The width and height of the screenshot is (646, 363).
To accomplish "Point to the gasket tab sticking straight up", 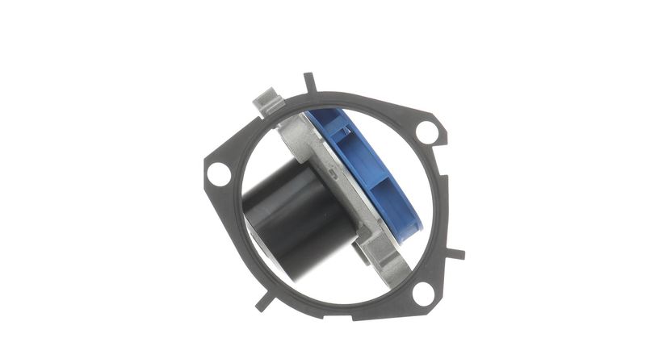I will [x=308, y=82].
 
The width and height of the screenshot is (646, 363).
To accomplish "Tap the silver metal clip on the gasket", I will [x=268, y=102].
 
